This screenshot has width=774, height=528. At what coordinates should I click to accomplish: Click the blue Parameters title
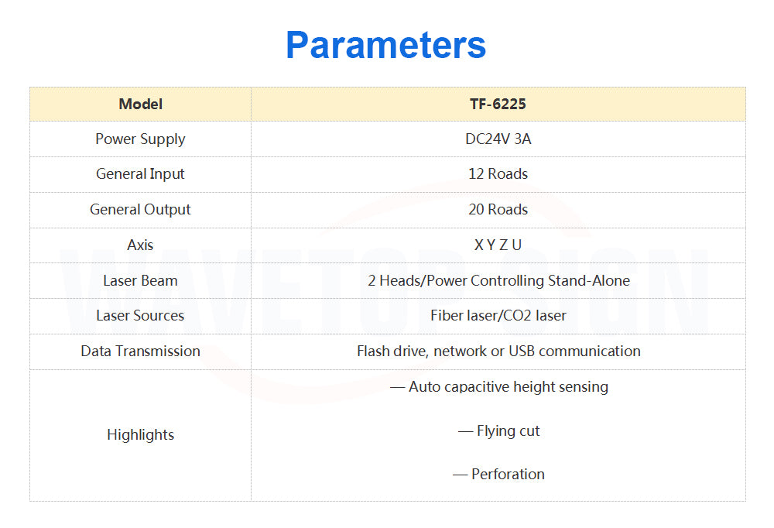point(386,45)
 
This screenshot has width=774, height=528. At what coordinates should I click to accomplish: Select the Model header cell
point(141,105)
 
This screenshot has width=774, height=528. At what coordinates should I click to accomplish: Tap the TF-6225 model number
point(498,105)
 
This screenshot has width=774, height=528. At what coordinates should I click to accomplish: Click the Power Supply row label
point(140,139)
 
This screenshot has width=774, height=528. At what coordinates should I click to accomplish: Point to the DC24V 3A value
point(498,139)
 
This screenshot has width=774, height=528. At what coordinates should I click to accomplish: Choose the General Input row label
point(140,174)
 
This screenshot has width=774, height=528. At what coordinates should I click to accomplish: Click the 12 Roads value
point(498,174)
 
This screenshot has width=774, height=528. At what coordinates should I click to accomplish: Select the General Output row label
point(140,210)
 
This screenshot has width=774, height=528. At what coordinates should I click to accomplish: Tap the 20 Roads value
point(498,210)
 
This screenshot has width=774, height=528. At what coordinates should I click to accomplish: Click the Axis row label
point(140,245)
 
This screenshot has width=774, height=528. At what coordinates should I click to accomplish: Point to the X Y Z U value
point(498,245)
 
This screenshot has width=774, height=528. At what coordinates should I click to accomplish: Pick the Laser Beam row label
point(140,280)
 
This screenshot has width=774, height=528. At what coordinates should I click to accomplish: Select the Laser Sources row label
point(140,316)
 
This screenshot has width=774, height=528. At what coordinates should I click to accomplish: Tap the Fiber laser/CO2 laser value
point(498,316)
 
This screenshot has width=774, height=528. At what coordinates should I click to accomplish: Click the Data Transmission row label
point(140,351)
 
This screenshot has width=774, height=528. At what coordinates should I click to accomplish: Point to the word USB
point(522,351)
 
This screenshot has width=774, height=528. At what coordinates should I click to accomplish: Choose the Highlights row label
point(140,435)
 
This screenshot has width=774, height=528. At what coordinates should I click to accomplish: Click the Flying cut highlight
point(499,431)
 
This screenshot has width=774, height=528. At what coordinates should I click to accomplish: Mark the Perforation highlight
point(499,474)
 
